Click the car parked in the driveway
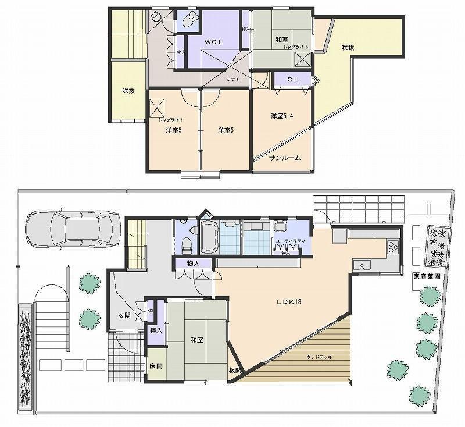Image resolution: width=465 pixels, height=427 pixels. [73, 230]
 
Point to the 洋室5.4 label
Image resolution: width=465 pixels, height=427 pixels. [281, 116]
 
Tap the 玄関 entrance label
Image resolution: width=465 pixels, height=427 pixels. [124, 316]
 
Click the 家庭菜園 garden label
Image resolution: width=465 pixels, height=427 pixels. [425, 276]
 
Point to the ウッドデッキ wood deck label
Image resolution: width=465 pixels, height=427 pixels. [319, 357]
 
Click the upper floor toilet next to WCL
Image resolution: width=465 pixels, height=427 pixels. [189, 21]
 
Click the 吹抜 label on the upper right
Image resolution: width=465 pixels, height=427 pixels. [348, 48]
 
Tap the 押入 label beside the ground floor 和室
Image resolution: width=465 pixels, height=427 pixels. [155, 330]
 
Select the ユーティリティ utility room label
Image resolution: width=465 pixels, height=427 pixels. [288, 240]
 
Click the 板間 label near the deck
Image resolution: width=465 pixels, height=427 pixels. [234, 370]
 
